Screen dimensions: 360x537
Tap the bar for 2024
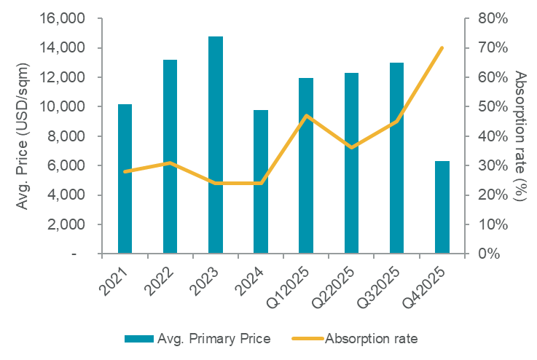[261, 181]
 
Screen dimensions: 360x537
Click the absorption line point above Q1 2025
[307, 115]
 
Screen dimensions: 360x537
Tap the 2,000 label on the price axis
[68, 224]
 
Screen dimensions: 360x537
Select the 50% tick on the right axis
[493, 106]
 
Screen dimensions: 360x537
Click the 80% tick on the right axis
[493, 18]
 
